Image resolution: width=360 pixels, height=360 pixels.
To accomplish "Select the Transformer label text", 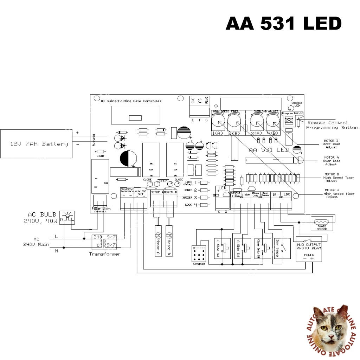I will pos(104,254).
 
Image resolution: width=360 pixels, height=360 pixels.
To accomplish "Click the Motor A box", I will pos(158,244).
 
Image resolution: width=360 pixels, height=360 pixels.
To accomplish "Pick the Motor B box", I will pos(170,244).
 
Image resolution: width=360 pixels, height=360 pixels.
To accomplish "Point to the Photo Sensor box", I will pos(322,224).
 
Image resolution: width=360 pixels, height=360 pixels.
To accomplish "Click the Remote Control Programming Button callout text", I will pos(332,125).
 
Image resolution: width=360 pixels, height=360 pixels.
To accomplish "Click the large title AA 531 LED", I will pos(283,24).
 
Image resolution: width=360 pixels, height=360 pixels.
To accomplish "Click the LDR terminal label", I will pos(287,194).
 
